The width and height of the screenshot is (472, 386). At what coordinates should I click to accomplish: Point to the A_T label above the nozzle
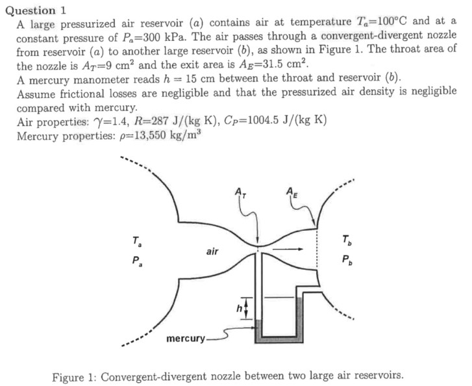240,192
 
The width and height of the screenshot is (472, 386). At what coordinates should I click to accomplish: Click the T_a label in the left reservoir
136,242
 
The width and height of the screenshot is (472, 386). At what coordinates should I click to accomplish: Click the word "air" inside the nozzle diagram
212,251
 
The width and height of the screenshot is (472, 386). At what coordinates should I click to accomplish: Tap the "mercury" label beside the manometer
185,339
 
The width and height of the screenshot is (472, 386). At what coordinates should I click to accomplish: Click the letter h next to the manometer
238,305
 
